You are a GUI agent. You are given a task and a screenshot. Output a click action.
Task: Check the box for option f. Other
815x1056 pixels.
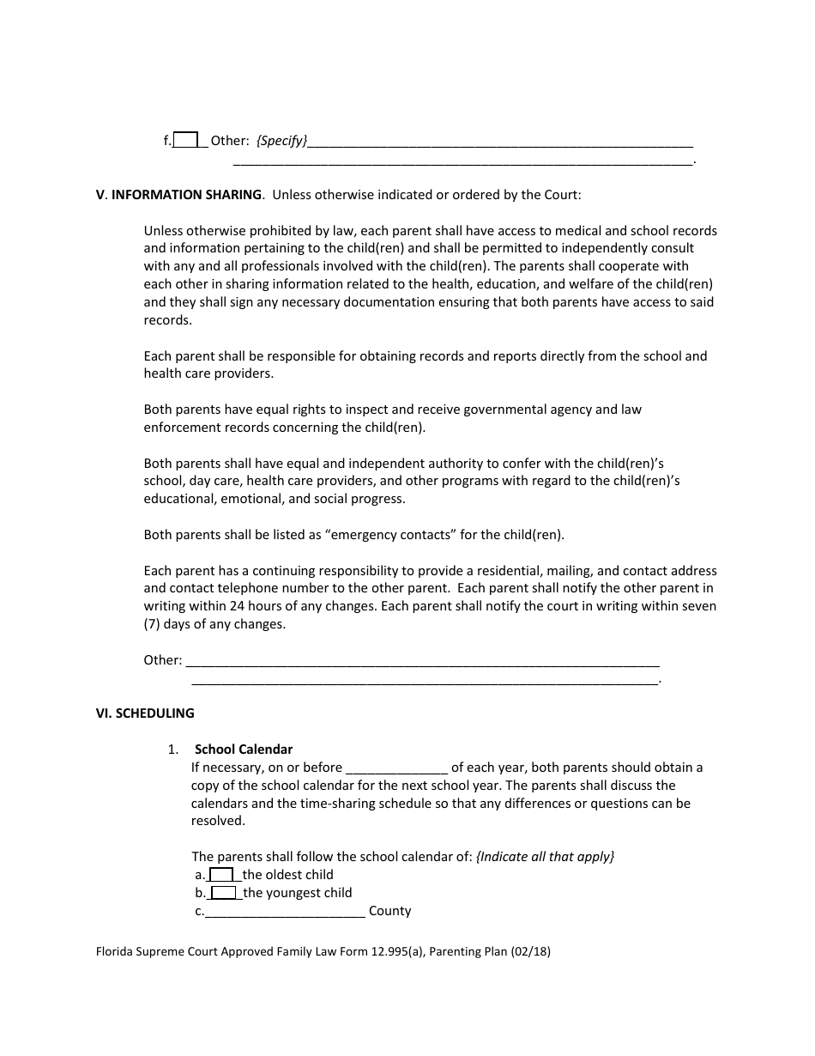coord(186,140)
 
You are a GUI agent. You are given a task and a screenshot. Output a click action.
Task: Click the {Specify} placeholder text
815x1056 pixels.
coord(281,141)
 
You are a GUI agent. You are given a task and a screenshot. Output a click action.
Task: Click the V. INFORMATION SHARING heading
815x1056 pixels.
coord(178,195)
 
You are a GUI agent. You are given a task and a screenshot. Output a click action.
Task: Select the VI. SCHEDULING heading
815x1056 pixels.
coord(145,713)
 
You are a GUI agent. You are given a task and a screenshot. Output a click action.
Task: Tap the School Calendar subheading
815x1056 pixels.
coord(244,750)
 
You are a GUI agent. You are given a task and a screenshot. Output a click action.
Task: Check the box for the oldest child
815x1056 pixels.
coord(221,875)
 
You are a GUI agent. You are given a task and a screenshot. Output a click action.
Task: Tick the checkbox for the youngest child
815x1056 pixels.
coord(223,893)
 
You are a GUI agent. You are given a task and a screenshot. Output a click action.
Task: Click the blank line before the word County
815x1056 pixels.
coord(285,911)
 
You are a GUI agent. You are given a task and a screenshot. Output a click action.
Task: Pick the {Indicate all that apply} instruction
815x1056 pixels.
coord(546,857)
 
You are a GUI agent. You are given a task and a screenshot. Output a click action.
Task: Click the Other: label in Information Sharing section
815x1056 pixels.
coord(162,661)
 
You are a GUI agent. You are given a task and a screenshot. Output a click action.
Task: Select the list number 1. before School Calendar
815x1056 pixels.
coord(173,750)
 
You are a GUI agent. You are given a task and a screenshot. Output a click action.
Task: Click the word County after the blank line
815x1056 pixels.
coord(390,911)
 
